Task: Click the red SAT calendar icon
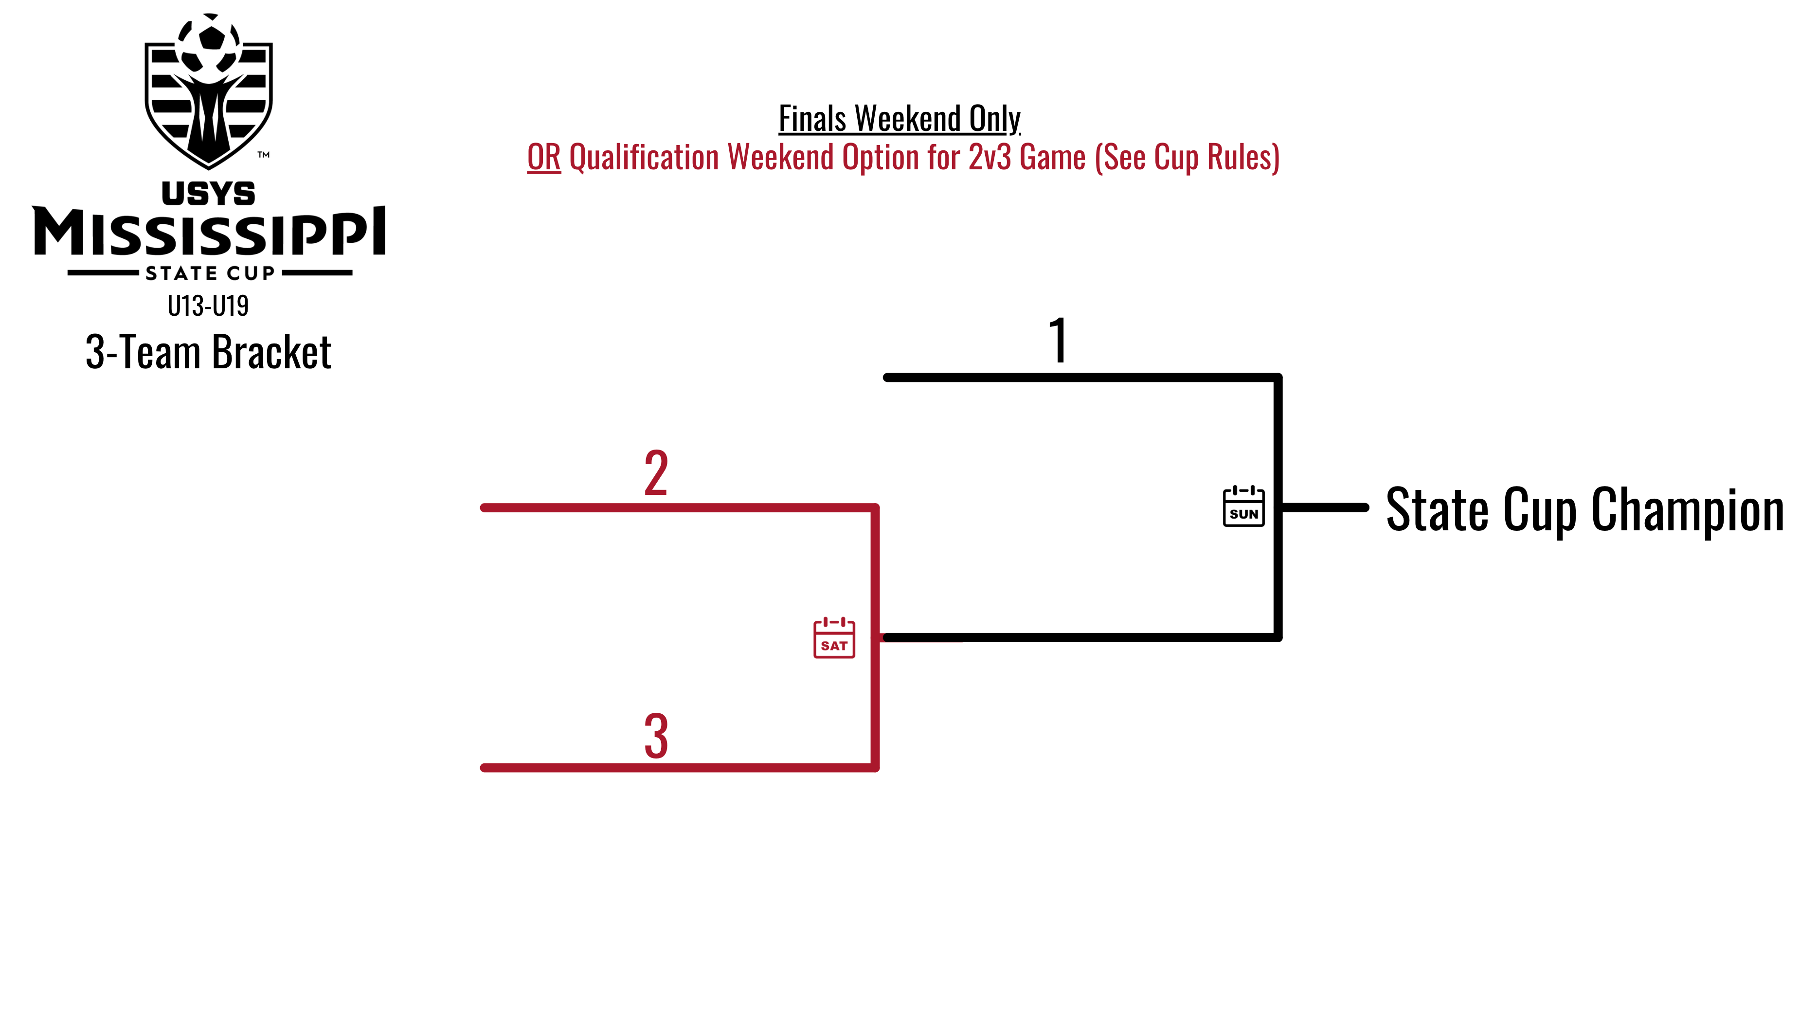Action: click(834, 637)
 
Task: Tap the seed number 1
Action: click(1059, 341)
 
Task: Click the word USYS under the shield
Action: click(208, 194)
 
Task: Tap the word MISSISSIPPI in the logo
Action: click(208, 232)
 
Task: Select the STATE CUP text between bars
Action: click(210, 273)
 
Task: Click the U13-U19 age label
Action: click(208, 306)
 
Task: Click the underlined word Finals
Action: click(812, 118)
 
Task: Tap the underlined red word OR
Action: click(543, 157)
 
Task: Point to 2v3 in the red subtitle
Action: click(990, 157)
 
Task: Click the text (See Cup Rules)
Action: click(1187, 157)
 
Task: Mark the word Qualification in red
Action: click(644, 157)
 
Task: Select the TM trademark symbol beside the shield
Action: click(263, 154)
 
